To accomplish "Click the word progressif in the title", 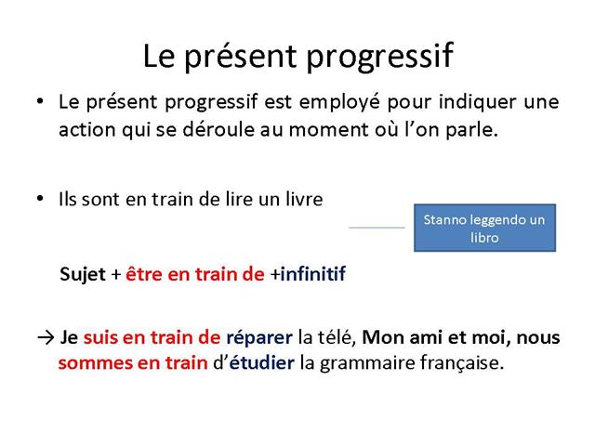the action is pyautogui.click(x=379, y=56).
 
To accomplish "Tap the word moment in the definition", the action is pyautogui.click(x=328, y=130).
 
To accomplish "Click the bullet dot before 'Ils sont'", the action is pyautogui.click(x=40, y=198).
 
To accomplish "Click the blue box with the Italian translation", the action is pyautogui.click(x=484, y=228).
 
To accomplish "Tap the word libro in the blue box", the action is pyautogui.click(x=484, y=238).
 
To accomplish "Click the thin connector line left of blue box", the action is pyautogui.click(x=377, y=228).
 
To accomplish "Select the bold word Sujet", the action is pyautogui.click(x=83, y=275).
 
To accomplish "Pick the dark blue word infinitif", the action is pyautogui.click(x=312, y=274).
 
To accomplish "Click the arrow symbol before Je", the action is pyautogui.click(x=46, y=337).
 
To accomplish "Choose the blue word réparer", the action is pyautogui.click(x=259, y=338).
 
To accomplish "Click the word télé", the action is pyautogui.click(x=338, y=337).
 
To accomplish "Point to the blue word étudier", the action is pyautogui.click(x=261, y=362).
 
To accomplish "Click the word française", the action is pyautogui.click(x=461, y=363).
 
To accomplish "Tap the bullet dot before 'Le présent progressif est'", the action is pyautogui.click(x=40, y=101).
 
